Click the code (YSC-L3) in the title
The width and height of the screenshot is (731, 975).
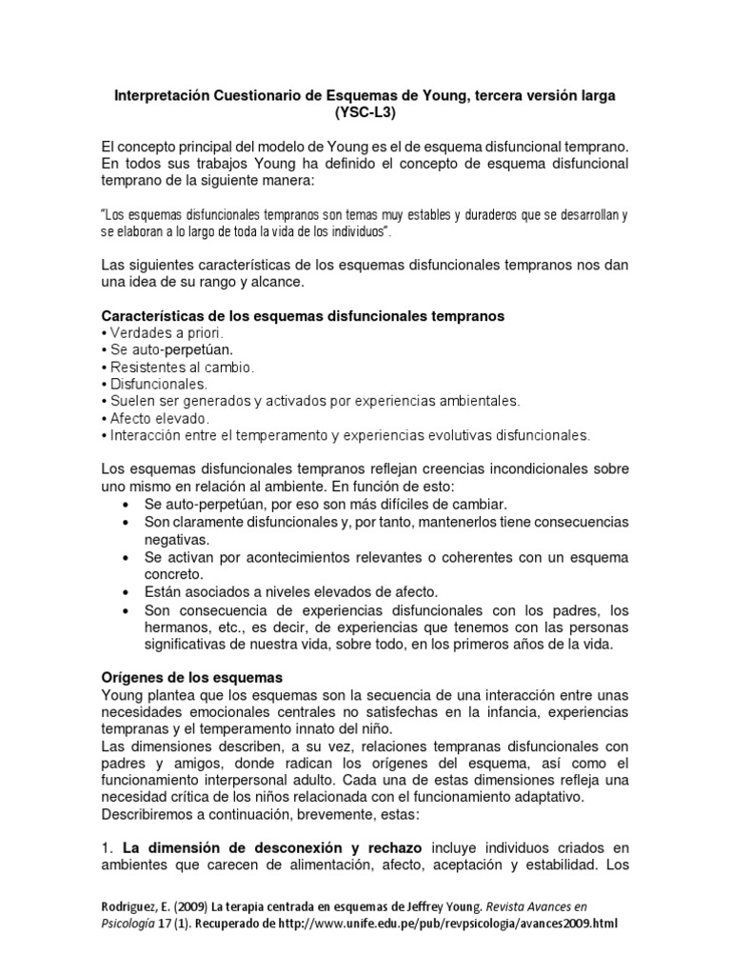[365, 113]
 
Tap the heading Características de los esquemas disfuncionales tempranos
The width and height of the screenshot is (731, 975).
[303, 315]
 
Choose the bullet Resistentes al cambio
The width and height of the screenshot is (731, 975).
[178, 367]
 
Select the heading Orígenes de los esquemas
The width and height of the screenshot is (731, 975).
[191, 677]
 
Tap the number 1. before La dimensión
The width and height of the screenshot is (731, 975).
[109, 848]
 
